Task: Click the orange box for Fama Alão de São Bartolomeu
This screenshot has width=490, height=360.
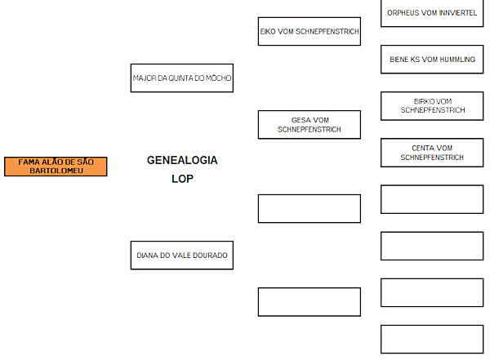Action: (x=56, y=167)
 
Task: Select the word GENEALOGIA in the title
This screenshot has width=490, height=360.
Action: (x=182, y=160)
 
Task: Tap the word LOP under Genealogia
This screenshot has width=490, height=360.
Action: (x=182, y=179)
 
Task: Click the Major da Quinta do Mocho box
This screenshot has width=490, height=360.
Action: (x=182, y=78)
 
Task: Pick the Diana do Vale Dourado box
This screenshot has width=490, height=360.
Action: (x=182, y=256)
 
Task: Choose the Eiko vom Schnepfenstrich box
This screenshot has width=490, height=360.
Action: (x=310, y=32)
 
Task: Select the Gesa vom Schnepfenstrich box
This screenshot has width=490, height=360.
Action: (x=310, y=125)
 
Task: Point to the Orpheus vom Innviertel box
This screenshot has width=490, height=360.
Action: (x=432, y=13)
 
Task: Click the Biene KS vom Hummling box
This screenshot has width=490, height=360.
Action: (x=432, y=60)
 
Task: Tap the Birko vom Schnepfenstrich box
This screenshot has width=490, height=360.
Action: (x=432, y=106)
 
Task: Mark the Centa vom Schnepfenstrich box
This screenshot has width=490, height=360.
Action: (x=432, y=153)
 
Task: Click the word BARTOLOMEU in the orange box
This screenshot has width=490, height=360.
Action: (x=56, y=171)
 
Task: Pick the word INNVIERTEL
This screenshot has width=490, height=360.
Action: (x=458, y=13)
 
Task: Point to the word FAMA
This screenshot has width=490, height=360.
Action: (x=29, y=162)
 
